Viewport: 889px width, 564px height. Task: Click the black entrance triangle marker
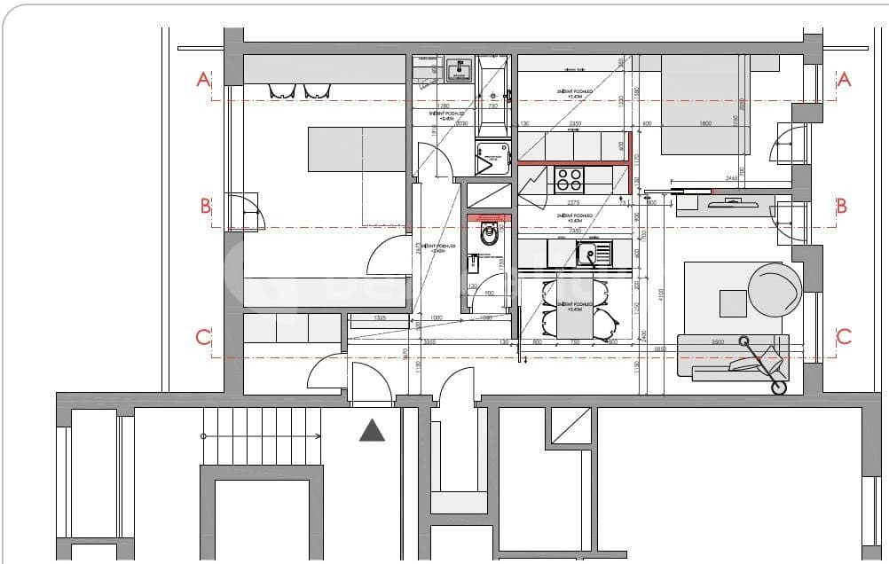tap(372, 431)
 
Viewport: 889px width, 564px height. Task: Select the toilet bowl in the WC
tap(487, 235)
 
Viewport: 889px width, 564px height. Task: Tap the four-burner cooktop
tap(568, 180)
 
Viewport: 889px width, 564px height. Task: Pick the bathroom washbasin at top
tap(459, 70)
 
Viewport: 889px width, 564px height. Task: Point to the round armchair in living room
tap(775, 287)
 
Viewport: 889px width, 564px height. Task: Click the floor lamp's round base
tap(779, 387)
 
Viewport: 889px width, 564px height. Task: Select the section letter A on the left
tap(203, 80)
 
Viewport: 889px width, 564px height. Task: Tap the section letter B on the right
tap(841, 206)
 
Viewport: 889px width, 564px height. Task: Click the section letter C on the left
tap(203, 337)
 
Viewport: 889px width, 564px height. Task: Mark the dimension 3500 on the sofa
tap(717, 341)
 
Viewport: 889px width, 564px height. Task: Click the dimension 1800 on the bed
tap(706, 123)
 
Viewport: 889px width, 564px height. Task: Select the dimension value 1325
tap(379, 317)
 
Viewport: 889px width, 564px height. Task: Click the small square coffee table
tap(733, 303)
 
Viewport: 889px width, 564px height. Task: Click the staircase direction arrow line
tap(262, 436)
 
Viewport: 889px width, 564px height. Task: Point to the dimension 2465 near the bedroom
tap(732, 178)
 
